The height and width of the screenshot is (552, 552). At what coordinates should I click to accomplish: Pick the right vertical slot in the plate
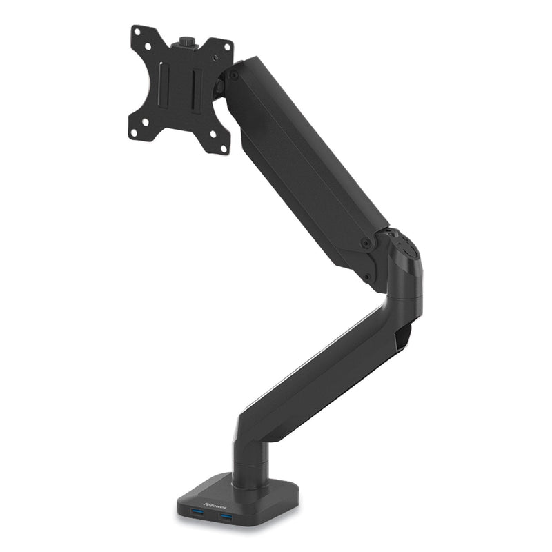pyautogui.click(x=196, y=90)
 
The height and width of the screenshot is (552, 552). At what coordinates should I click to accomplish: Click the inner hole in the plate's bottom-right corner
pyautogui.click(x=212, y=132)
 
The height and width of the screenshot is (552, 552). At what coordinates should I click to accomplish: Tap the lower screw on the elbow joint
pyautogui.click(x=367, y=278)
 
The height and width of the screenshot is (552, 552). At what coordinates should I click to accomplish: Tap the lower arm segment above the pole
pyautogui.click(x=324, y=366)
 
